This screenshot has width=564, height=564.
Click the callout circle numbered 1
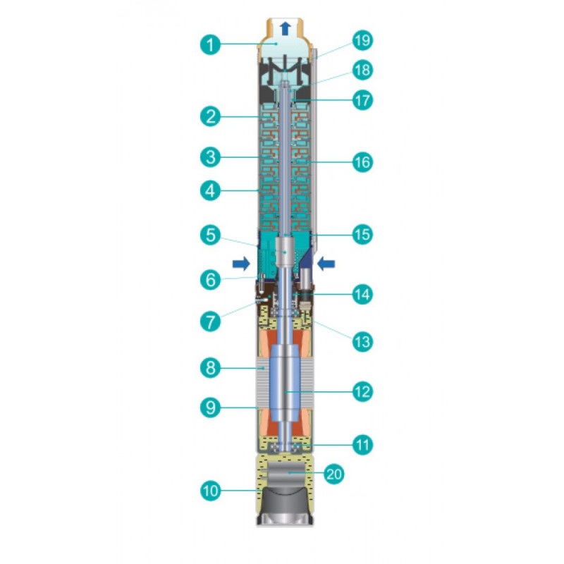210,45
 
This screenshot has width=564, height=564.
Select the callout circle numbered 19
362,40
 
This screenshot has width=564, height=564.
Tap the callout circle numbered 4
210,190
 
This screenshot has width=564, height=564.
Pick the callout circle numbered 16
362,162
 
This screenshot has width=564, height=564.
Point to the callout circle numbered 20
334,474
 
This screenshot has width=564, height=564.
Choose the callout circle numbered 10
210,491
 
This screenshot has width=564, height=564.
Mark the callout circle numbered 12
362,392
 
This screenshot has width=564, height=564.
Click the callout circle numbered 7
210,321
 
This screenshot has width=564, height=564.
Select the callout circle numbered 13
362,342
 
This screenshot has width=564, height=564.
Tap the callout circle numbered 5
210,235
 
